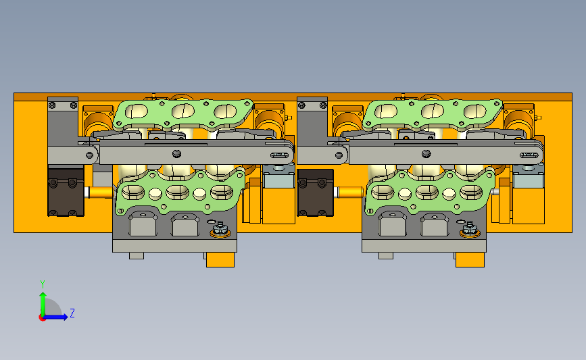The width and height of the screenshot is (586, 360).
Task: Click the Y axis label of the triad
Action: point(43,284)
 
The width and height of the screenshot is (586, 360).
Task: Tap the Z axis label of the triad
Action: point(72,313)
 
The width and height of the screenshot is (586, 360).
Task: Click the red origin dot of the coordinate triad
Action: point(42,318)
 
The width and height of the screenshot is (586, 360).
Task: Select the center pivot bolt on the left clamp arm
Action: point(177,153)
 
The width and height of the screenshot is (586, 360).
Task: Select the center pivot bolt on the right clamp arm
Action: point(426,153)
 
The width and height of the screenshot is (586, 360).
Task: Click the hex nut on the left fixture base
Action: point(220,228)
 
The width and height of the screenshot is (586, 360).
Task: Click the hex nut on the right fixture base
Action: point(470,228)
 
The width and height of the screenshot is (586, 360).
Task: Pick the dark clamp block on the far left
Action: point(66,192)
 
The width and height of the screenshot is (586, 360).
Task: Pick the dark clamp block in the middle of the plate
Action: point(315,192)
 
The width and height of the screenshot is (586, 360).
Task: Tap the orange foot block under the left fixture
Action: point(220,259)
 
